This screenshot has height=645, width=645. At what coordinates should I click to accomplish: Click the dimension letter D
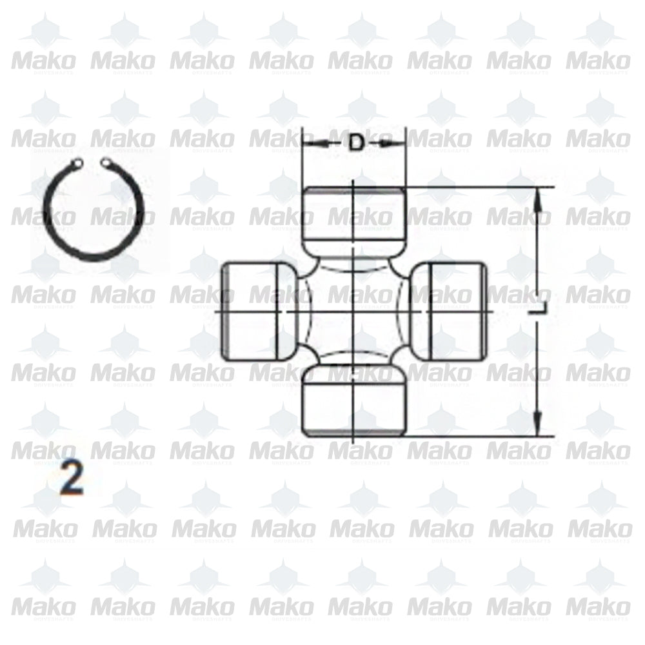pos(355,143)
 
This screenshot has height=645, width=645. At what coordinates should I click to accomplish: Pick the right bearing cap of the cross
pos(451,312)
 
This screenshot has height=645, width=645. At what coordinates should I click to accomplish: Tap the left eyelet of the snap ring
pos(79,163)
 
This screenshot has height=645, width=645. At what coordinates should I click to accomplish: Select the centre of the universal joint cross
pos(354,312)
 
